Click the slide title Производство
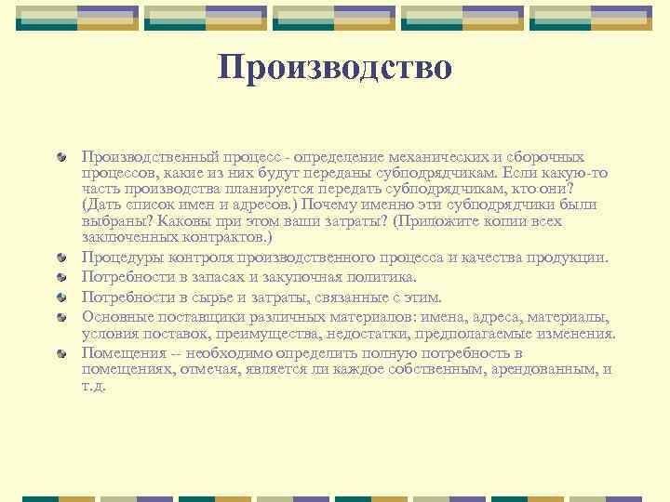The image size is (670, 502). tap(335, 67)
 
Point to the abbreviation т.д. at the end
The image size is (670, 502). tap(94, 385)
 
